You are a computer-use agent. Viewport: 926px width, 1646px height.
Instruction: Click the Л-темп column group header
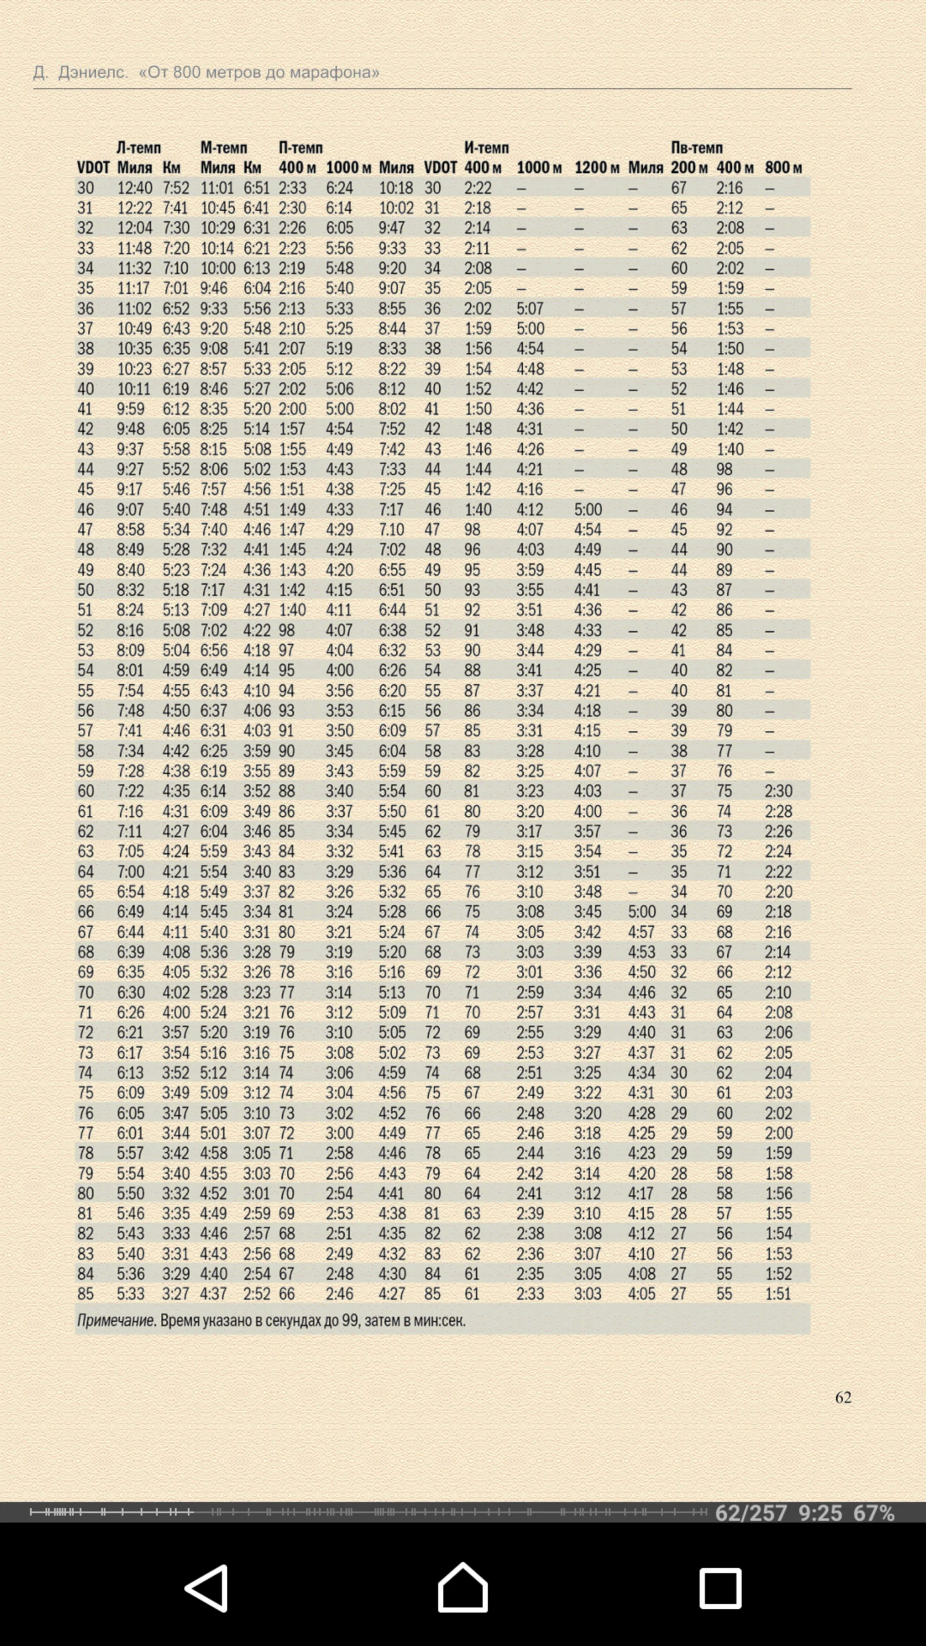click(x=139, y=148)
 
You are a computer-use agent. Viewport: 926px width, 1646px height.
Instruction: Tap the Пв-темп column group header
click(x=697, y=148)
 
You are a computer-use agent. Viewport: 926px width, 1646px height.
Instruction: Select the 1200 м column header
click(x=596, y=167)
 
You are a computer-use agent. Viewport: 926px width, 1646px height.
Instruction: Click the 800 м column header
click(x=783, y=167)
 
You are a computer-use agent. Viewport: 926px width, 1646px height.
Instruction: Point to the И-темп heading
click(x=486, y=148)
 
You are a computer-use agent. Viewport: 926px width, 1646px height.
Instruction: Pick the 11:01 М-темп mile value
click(x=218, y=188)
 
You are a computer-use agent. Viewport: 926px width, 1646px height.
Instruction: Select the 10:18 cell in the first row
click(x=396, y=188)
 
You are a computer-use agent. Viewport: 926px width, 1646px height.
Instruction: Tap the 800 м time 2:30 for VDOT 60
click(x=778, y=791)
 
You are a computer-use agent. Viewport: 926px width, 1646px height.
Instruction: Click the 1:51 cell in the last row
click(x=778, y=1294)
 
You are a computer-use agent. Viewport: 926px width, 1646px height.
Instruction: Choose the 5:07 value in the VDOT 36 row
click(x=530, y=308)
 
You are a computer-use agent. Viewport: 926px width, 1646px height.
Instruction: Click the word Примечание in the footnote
click(x=116, y=1321)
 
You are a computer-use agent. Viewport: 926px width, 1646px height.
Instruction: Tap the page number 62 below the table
click(x=843, y=1397)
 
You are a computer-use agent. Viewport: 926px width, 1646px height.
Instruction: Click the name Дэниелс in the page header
click(x=93, y=72)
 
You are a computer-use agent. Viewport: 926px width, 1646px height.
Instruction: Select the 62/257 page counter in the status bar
click(x=751, y=1513)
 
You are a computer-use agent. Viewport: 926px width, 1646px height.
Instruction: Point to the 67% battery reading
click(x=873, y=1513)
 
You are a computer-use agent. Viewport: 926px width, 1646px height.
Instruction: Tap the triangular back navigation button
click(x=207, y=1588)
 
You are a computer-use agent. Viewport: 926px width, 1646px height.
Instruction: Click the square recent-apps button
click(x=720, y=1588)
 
